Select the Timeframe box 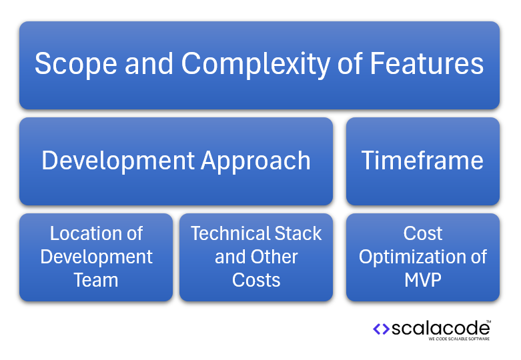click(422, 161)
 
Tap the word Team click(96, 280)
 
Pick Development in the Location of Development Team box click(96, 257)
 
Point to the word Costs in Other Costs click(256, 280)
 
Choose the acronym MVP click(422, 280)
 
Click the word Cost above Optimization click(422, 233)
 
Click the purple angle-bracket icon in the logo click(381, 329)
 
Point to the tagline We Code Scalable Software click(459, 339)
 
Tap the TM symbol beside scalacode click(488, 321)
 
